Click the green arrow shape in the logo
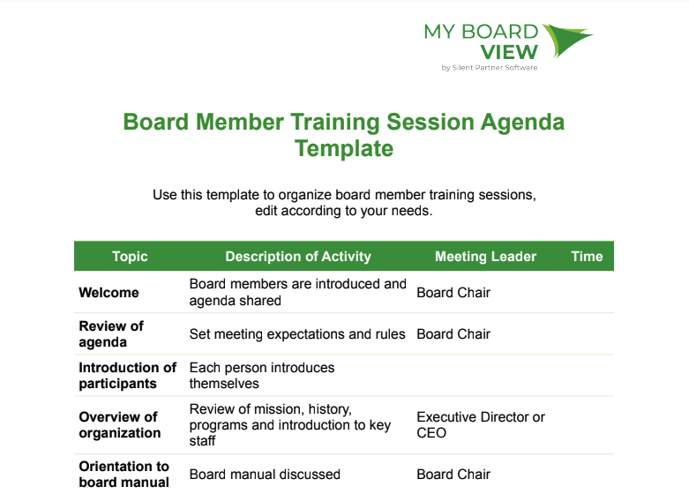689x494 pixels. pyautogui.click(x=567, y=39)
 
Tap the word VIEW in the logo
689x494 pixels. pyautogui.click(x=509, y=53)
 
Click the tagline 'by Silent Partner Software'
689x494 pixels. pyautogui.click(x=490, y=68)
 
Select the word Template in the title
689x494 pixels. pyautogui.click(x=344, y=148)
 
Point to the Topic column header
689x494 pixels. pyautogui.click(x=130, y=256)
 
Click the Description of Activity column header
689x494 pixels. pyautogui.click(x=298, y=256)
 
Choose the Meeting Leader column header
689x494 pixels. pyautogui.click(x=485, y=256)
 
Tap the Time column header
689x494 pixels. pyautogui.click(x=587, y=256)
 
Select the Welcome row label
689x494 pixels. pyautogui.click(x=109, y=292)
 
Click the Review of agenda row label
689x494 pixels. pyautogui.click(x=111, y=334)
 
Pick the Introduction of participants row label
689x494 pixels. pyautogui.click(x=127, y=375)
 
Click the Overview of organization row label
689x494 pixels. pyautogui.click(x=119, y=424)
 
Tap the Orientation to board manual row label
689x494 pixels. pyautogui.click(x=124, y=475)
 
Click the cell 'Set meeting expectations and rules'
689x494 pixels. pyautogui.click(x=297, y=334)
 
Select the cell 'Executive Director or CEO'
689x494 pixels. pyautogui.click(x=481, y=424)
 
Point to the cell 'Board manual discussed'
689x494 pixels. pyautogui.click(x=265, y=475)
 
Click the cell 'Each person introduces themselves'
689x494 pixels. pyautogui.click(x=262, y=375)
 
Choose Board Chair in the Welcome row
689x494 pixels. pyautogui.click(x=453, y=292)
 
